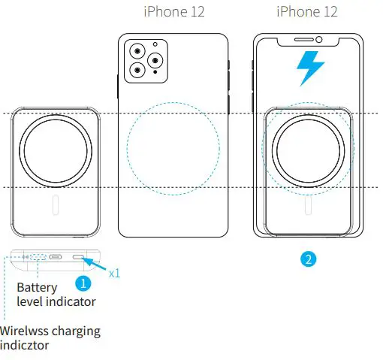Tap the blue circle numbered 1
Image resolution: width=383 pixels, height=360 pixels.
click(x=84, y=285)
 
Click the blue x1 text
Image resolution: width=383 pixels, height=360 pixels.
click(x=114, y=273)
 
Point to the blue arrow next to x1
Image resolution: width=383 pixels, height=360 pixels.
click(x=95, y=263)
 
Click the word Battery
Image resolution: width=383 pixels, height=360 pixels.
click(x=38, y=287)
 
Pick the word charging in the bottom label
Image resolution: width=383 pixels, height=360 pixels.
click(x=77, y=331)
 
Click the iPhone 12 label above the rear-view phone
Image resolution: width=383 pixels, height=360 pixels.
click(x=173, y=12)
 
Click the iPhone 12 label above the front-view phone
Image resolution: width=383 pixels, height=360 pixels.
click(x=306, y=12)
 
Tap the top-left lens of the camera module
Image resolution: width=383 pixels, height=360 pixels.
click(x=139, y=52)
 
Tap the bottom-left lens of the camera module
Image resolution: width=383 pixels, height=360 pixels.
click(x=139, y=70)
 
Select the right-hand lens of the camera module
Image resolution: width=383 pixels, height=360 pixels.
click(x=155, y=61)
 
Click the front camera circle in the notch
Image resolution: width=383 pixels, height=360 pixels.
click(x=319, y=39)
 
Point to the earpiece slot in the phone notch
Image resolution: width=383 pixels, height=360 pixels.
click(x=300, y=39)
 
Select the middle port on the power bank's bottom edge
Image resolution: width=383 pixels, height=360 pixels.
click(x=56, y=257)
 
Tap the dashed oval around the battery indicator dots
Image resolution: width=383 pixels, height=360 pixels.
click(x=37, y=257)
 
